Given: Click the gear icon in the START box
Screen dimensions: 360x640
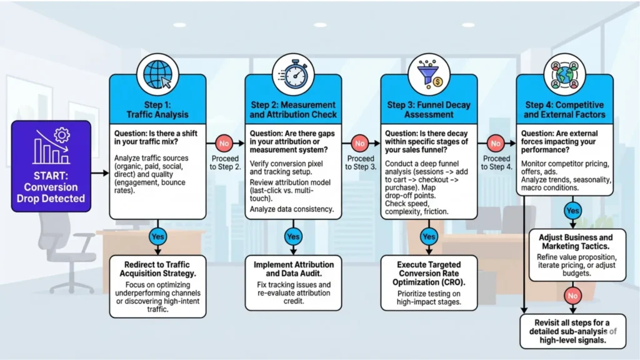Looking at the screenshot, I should click(x=61, y=135).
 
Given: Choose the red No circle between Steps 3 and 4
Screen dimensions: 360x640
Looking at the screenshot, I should click(x=496, y=144).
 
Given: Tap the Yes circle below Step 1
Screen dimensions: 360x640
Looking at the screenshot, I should click(x=157, y=236).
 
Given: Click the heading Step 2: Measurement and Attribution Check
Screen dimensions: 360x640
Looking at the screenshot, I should click(x=293, y=109).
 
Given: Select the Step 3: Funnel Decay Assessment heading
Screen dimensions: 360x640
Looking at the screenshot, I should click(x=429, y=109).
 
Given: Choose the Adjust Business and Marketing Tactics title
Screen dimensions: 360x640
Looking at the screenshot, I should click(x=572, y=241).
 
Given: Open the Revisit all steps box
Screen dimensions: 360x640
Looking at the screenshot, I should click(x=572, y=330).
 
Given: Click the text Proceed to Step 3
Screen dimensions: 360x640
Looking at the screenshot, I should click(x=360, y=162).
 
